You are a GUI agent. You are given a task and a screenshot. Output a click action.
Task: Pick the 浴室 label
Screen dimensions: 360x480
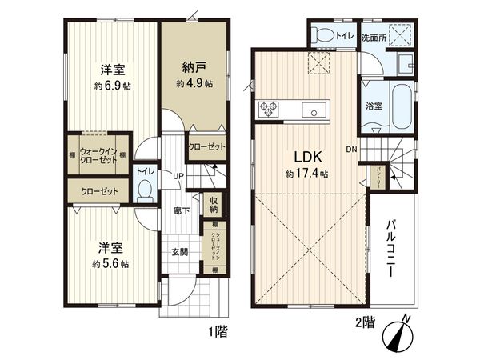[374, 106]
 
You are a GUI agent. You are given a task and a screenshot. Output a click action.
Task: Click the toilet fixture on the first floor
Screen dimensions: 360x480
[145, 189]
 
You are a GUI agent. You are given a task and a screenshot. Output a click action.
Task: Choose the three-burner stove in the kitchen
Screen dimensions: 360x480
[267, 110]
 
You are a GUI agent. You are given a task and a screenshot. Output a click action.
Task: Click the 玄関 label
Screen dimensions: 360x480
[179, 252]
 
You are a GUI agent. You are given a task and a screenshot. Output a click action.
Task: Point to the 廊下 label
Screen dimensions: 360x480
[181, 212]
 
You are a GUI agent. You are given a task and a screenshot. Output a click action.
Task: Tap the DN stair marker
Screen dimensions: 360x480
[351, 150]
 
